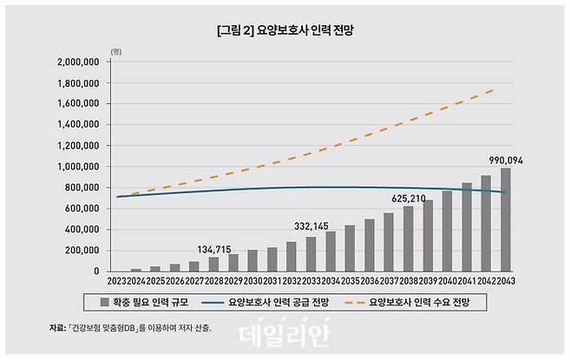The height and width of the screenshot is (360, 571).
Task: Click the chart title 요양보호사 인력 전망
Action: point(285,29)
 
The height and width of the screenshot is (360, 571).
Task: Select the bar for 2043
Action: point(506,219)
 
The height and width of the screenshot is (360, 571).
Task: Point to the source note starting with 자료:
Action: point(130,327)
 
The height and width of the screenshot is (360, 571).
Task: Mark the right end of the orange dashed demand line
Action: point(496,89)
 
